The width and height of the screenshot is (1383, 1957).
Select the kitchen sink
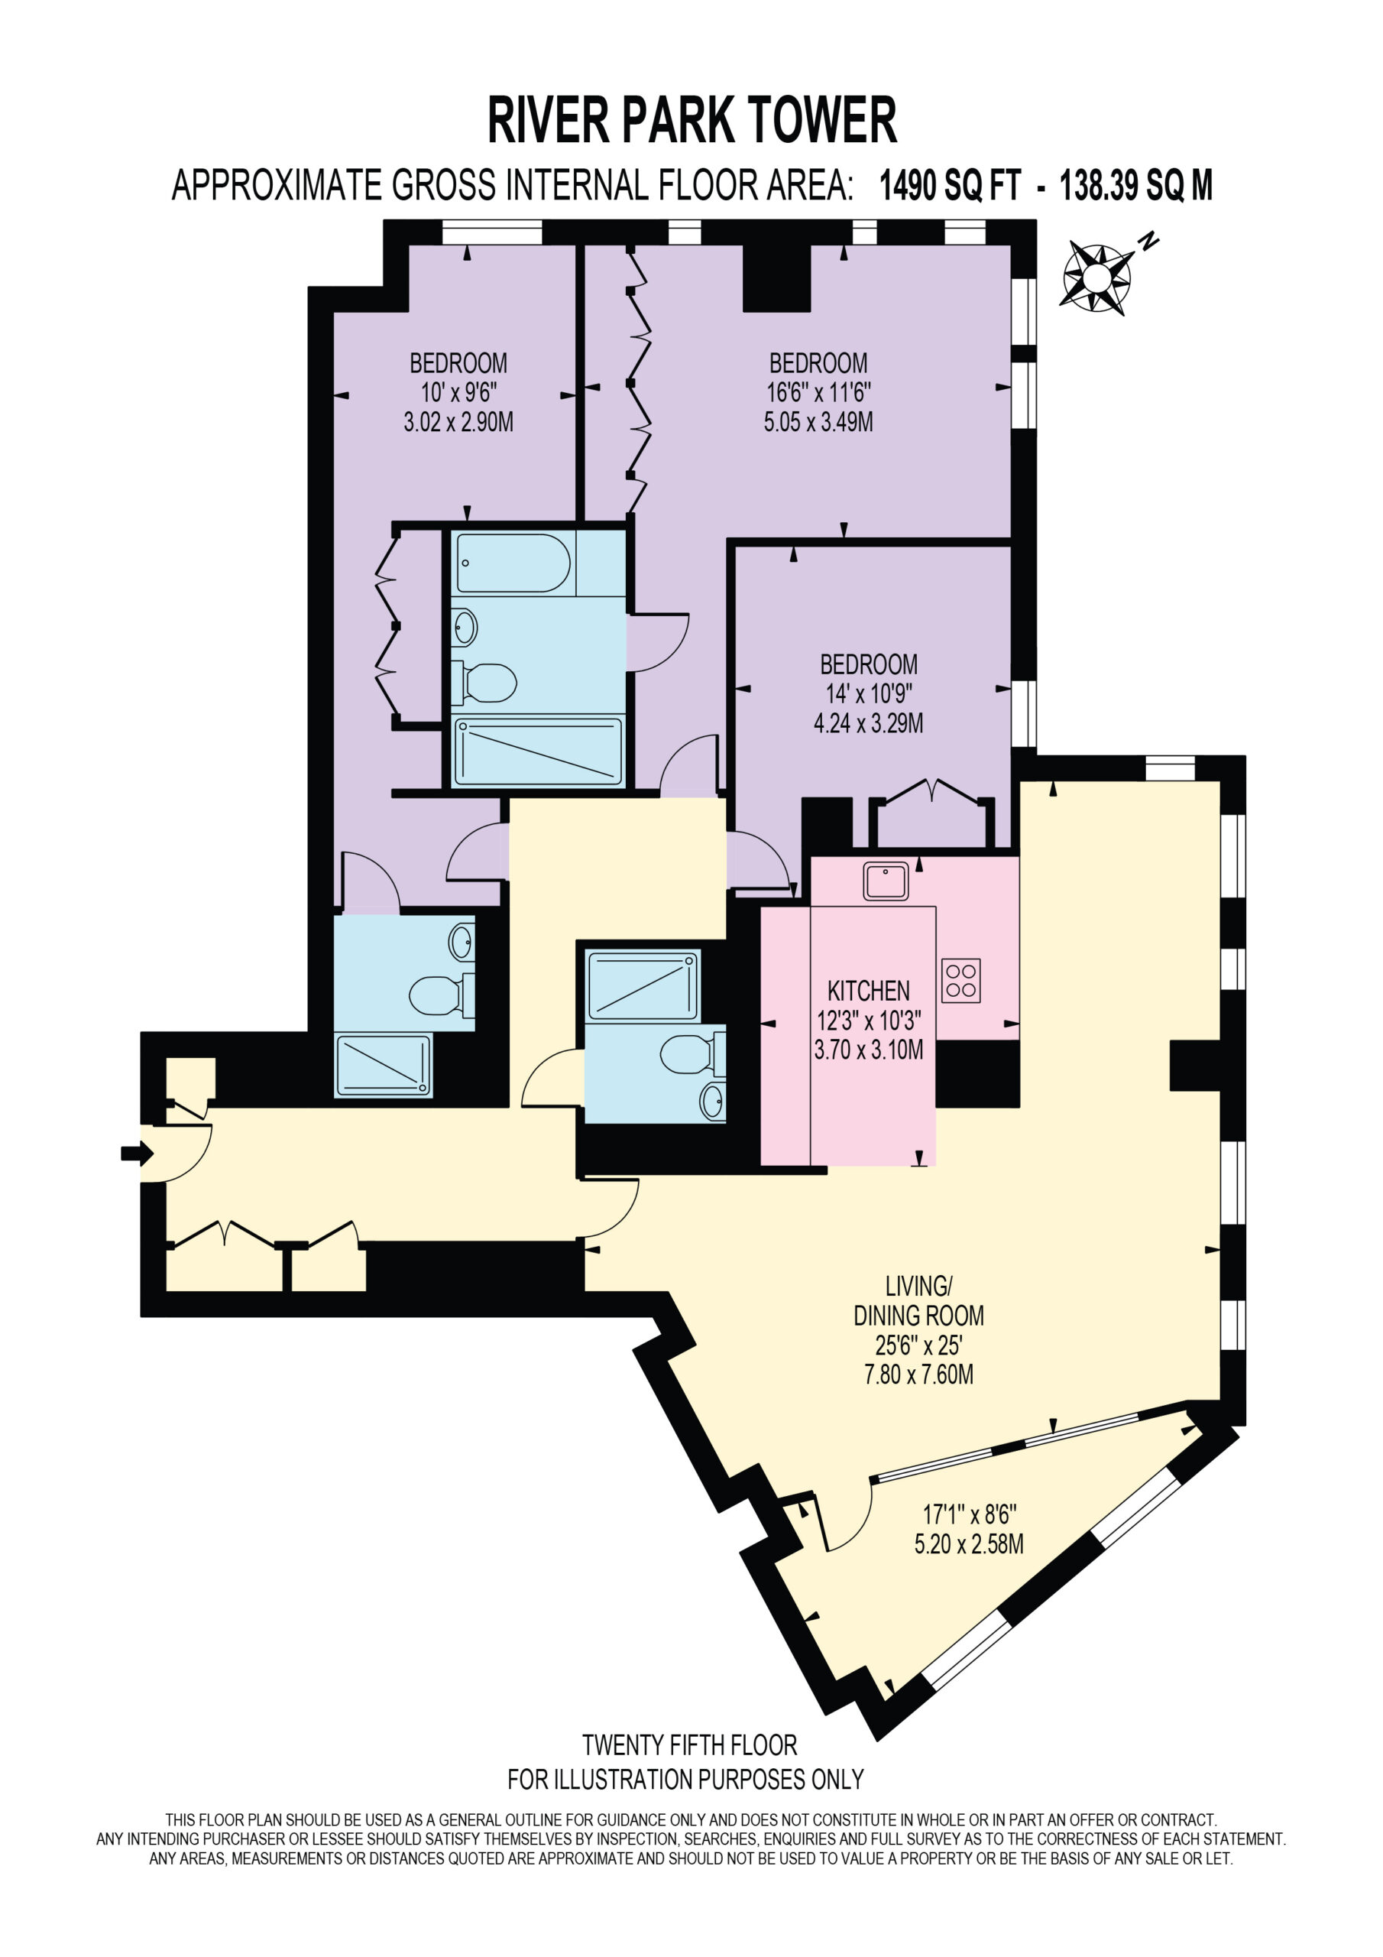(x=886, y=881)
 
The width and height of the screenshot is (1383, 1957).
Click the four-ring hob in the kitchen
(x=960, y=980)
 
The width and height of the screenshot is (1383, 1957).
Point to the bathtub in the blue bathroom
(x=513, y=563)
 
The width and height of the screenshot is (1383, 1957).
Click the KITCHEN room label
(x=868, y=991)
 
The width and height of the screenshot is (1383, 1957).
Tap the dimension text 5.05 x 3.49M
(x=818, y=422)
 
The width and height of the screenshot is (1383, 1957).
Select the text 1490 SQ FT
(x=949, y=185)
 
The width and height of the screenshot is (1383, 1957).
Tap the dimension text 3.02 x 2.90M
(x=458, y=422)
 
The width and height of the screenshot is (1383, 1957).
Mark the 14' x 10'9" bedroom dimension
(x=868, y=694)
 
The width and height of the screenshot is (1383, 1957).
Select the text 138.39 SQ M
(x=1135, y=185)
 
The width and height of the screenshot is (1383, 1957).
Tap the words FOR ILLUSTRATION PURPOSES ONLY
(x=685, y=1780)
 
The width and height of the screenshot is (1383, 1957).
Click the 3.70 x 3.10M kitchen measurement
(x=868, y=1050)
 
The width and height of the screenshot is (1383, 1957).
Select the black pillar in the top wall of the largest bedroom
(x=776, y=277)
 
